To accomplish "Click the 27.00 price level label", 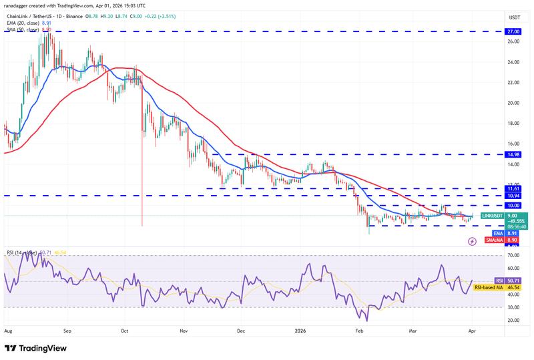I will point(513,31).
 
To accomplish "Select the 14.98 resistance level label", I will point(513,154).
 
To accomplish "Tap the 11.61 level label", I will point(513,189).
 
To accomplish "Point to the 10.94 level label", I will point(513,196).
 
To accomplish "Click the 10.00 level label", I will point(513,206).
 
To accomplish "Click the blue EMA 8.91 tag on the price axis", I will point(513,233).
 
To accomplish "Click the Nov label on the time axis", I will point(184,330).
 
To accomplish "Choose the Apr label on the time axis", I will point(473,330).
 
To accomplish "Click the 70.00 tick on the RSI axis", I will point(513,256).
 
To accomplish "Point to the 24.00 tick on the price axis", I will point(513,62).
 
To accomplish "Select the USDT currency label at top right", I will point(514,17).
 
